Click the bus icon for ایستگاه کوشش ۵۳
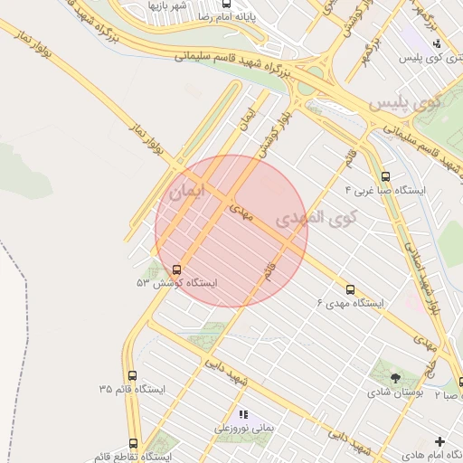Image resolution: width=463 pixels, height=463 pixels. pos(175,269)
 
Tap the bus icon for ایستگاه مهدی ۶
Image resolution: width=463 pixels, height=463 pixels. pos(350,289)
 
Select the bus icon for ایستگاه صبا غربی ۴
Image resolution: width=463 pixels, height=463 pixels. pos(387,177)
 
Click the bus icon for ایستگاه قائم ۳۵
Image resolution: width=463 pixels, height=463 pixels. pos(133,375)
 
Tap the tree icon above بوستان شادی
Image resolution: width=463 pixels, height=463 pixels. pos(394,377)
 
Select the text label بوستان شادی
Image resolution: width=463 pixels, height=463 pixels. pos(393,393)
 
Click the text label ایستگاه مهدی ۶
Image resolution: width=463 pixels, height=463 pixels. pos(350,304)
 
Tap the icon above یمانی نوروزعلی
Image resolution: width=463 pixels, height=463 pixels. pos(243,414)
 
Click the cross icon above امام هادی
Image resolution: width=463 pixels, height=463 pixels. pos(439,441)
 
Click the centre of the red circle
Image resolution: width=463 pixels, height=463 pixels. pos(231,231)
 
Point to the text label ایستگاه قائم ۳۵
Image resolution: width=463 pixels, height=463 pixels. pos(133,390)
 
